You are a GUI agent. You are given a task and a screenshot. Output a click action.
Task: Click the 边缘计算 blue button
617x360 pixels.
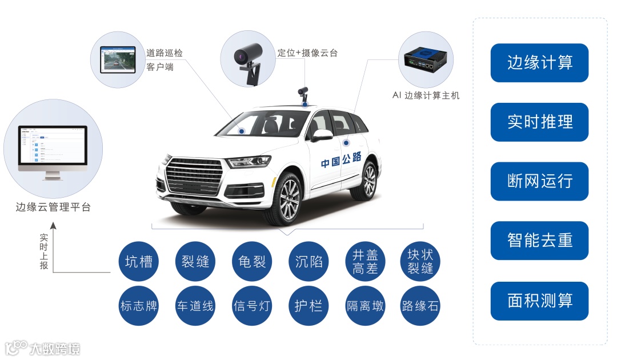539,63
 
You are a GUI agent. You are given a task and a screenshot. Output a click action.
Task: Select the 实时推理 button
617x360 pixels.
539,122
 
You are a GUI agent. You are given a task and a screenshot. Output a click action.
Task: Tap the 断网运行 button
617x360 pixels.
539,182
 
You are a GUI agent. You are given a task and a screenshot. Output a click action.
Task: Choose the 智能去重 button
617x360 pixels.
539,241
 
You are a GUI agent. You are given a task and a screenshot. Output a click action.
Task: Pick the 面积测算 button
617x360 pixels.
539,301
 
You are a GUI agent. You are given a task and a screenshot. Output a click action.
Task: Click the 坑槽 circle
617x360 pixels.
139,262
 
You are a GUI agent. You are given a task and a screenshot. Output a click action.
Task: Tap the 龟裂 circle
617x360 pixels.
252,262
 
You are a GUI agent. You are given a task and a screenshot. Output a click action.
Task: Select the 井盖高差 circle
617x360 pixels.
365,262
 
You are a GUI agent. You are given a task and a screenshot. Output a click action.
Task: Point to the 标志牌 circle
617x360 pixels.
139,306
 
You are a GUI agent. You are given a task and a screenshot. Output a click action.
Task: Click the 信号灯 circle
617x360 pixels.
252,306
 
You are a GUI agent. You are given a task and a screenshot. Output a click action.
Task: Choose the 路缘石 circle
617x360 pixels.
420,306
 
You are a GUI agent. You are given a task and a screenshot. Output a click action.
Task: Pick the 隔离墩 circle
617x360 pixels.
365,306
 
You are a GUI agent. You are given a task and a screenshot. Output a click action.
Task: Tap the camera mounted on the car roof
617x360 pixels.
304,93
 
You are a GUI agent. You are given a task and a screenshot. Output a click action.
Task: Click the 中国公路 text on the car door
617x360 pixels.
340,162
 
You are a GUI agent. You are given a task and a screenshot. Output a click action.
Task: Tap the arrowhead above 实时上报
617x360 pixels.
53,226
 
